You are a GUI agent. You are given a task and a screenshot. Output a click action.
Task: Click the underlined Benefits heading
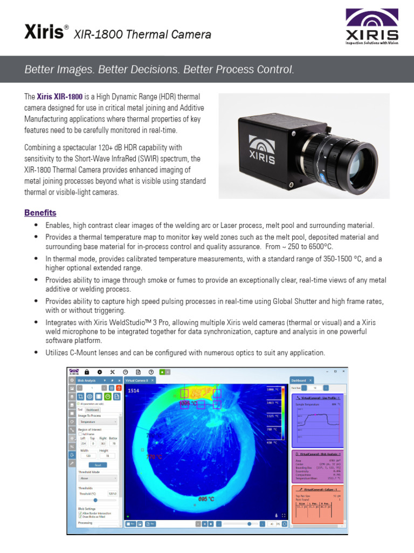pos(40,213)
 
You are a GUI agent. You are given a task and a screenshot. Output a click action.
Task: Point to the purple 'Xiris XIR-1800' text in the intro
pos(60,97)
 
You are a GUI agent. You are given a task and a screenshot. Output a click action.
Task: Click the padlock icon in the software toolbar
pos(86,372)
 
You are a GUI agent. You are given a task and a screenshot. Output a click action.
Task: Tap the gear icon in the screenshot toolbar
pos(99,372)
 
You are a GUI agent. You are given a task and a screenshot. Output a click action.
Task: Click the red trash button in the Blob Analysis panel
pos(119,388)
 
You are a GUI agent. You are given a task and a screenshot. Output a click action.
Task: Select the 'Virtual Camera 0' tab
pos(137,380)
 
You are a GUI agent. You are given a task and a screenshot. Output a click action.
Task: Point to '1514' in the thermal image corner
pos(133,390)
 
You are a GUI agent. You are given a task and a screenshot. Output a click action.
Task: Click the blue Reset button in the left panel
pos(98,464)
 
